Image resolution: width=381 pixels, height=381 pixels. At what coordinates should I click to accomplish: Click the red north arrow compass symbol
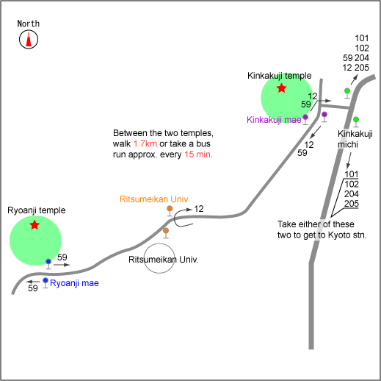[29, 39]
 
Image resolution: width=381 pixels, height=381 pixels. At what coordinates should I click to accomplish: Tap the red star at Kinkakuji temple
[282, 88]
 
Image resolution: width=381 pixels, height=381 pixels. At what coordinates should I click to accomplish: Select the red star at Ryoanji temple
[35, 225]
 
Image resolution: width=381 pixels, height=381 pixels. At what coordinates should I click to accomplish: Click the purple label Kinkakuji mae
[274, 120]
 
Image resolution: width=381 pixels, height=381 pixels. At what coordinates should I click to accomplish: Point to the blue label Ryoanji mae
[74, 283]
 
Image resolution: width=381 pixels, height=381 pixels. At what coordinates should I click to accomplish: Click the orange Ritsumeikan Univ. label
[155, 199]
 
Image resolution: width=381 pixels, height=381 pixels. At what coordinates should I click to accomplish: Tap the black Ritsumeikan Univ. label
[164, 260]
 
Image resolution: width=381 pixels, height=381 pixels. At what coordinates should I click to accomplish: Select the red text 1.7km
[145, 143]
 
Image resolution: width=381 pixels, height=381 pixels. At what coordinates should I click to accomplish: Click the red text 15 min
[197, 154]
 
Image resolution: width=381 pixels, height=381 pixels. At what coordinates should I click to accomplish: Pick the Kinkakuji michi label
[355, 139]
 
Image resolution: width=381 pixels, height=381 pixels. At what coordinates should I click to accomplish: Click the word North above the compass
[29, 24]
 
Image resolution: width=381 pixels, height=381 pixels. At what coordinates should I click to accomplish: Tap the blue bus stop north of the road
[48, 264]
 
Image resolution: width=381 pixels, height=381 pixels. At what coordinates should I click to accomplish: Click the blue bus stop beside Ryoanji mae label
[46, 282]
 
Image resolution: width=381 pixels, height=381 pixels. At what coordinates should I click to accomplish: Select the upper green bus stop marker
[347, 93]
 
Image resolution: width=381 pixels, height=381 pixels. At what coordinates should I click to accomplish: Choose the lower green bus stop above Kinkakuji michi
[356, 122]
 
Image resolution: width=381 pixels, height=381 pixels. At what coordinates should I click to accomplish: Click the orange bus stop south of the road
[166, 233]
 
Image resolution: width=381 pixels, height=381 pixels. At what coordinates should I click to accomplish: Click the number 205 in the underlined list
[352, 204]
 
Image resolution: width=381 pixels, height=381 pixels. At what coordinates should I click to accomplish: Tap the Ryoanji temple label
[37, 210]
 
